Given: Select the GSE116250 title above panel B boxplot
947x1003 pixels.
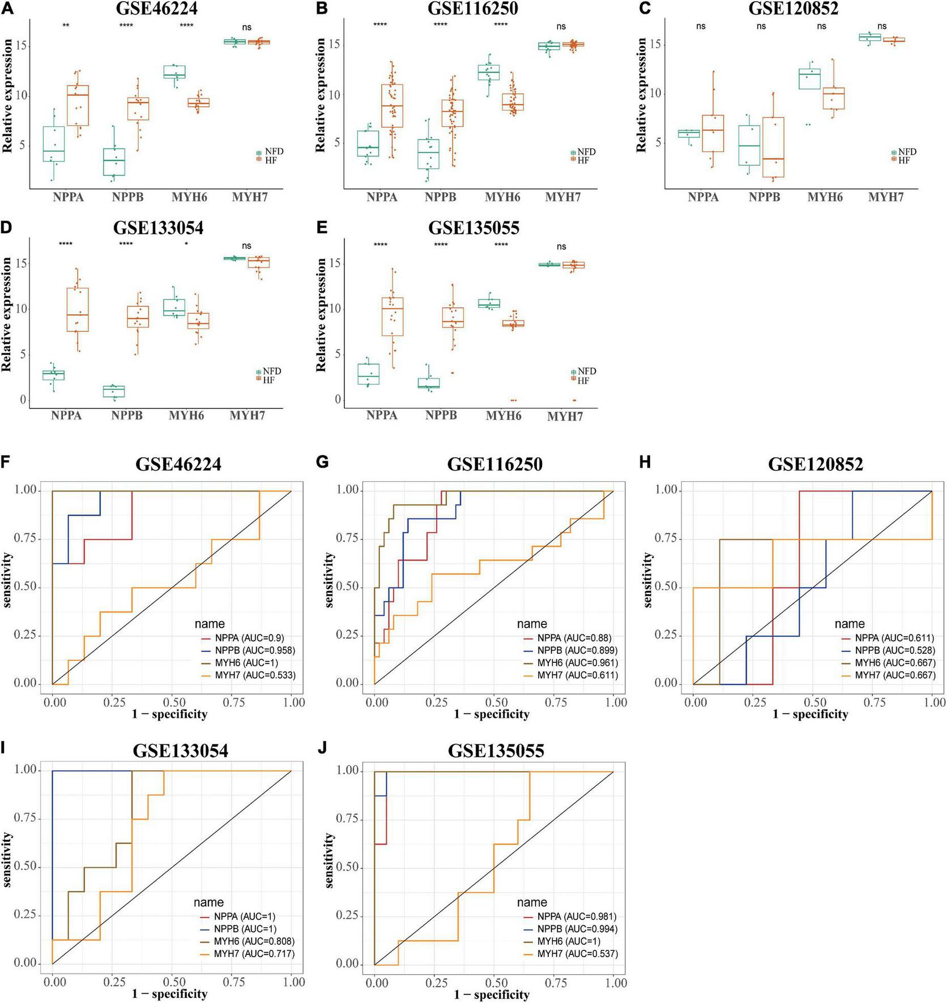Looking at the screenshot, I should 472,8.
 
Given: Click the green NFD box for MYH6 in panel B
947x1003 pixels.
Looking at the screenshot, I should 488,72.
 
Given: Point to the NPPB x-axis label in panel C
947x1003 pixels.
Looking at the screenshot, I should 764,197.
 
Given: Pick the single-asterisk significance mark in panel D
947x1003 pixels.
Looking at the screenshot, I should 186,245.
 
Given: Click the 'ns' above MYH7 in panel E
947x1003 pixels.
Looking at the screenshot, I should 561,246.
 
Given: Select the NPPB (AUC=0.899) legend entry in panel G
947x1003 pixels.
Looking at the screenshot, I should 577,650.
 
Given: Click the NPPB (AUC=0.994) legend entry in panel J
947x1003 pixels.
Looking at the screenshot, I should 577,929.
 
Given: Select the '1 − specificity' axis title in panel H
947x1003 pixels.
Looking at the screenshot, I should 810,714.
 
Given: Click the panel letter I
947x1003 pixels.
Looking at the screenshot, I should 4,748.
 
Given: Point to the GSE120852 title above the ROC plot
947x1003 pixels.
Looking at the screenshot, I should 816,464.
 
